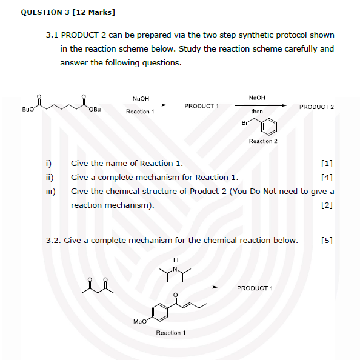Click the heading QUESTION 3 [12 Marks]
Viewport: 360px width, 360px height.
[68, 12]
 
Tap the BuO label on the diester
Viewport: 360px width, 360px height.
[28, 110]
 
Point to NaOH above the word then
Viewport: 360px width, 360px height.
[257, 98]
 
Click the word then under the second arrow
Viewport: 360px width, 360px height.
[257, 112]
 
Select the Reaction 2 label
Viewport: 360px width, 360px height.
[263, 141]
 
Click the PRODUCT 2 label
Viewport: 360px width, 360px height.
[316, 107]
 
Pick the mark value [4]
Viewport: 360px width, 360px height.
[327, 178]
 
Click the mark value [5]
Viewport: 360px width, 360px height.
[327, 240]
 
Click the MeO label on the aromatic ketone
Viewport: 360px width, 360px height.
[139, 322]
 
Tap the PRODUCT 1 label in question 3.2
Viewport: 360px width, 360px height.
[255, 288]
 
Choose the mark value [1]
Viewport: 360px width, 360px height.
[327, 164]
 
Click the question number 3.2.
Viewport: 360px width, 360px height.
[53, 240]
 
